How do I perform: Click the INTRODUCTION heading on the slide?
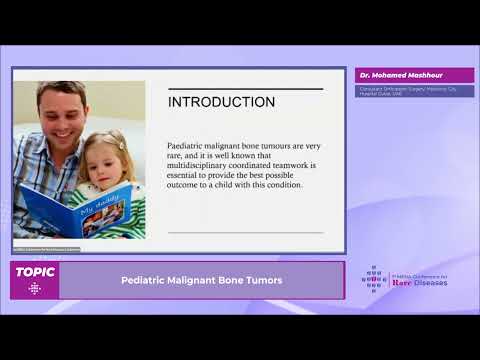[221, 102]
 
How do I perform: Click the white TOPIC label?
[35, 271]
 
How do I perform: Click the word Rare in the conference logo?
[403, 283]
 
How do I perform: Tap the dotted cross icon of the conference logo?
[374, 279]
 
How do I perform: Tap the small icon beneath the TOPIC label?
[35, 288]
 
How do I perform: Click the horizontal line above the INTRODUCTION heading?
[245, 89]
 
